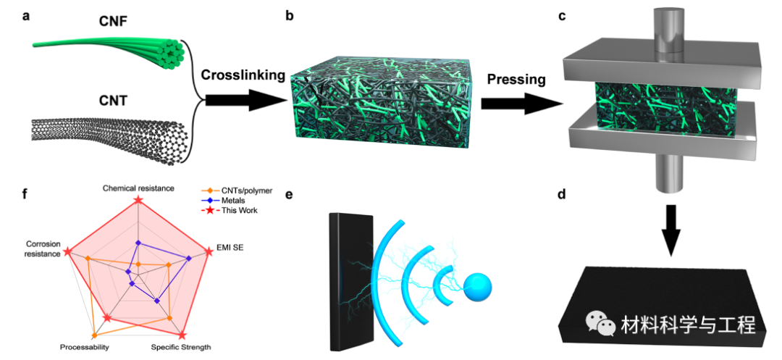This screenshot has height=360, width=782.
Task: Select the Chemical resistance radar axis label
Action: (x=138, y=188)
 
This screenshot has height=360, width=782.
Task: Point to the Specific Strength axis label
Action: (x=181, y=348)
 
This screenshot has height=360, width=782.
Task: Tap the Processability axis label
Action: (x=85, y=348)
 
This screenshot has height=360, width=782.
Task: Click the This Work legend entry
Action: (x=232, y=210)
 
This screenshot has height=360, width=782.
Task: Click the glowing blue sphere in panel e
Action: (x=477, y=288)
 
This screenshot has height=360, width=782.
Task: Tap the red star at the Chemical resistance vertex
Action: (x=138, y=201)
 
